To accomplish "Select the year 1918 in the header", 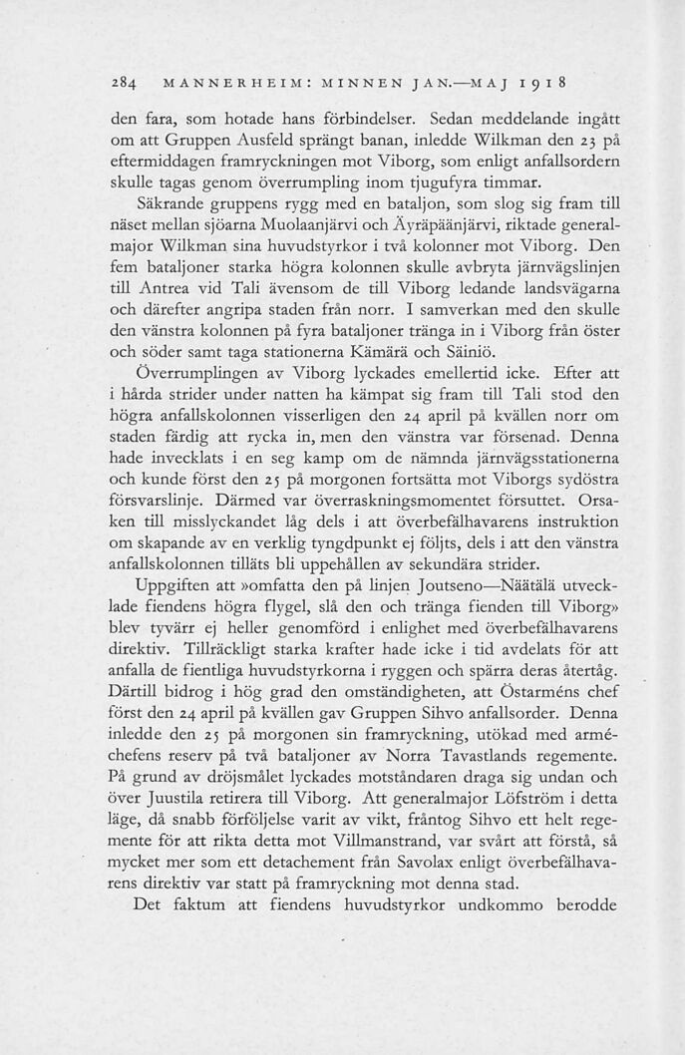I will [x=547, y=77].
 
